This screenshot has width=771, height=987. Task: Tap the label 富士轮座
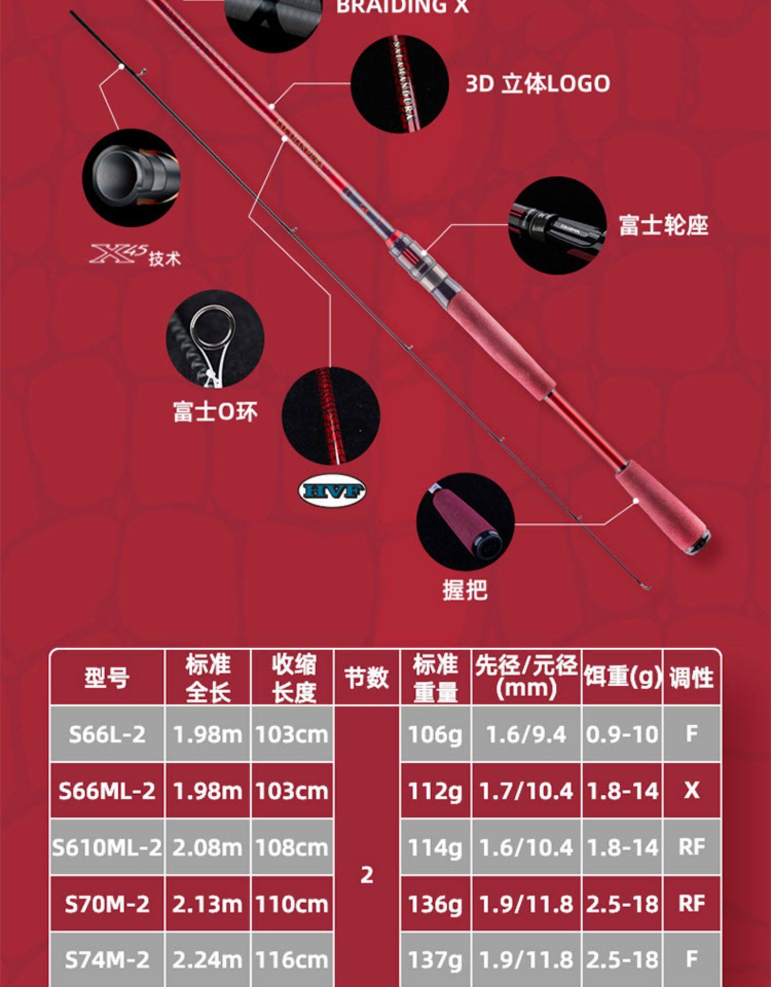(x=663, y=226)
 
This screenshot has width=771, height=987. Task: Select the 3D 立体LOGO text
(x=538, y=84)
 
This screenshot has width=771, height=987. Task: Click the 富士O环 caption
(x=215, y=412)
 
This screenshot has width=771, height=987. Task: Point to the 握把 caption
(x=465, y=590)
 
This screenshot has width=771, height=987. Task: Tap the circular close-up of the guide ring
(x=215, y=339)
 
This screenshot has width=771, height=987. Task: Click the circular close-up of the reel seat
(x=558, y=226)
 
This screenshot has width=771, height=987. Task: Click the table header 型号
(x=107, y=678)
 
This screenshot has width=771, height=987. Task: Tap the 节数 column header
(x=366, y=678)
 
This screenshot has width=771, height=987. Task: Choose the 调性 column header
(x=691, y=678)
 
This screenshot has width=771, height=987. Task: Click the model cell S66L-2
(x=107, y=734)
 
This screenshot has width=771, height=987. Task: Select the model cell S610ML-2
(x=107, y=847)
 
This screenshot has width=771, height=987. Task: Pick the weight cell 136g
(x=435, y=904)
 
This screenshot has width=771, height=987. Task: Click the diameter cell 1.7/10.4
(x=526, y=791)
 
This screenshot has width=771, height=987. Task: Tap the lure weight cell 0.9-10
(x=622, y=734)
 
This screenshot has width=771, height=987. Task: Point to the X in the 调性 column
(x=691, y=791)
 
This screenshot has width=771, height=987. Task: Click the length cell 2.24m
(x=207, y=959)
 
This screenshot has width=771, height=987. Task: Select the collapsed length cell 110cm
(x=291, y=904)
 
